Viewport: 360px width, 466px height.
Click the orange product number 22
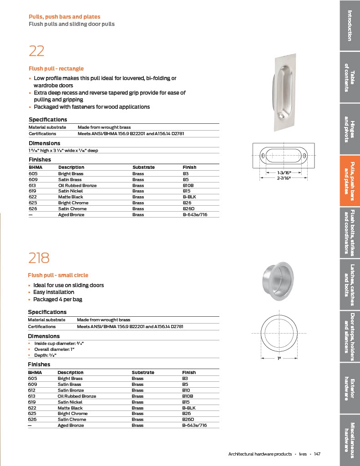click(x=36, y=51)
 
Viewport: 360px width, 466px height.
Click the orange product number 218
click(x=39, y=258)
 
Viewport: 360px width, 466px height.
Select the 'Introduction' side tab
click(x=350, y=25)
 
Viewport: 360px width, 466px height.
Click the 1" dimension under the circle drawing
click(x=279, y=358)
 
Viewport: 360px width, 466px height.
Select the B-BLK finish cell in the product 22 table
click(x=188, y=197)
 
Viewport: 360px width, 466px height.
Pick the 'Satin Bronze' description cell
click(x=71, y=390)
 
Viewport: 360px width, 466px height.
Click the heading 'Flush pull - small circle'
click(x=58, y=275)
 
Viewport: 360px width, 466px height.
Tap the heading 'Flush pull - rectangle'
click(x=56, y=69)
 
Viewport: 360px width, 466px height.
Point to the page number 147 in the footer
click(x=317, y=454)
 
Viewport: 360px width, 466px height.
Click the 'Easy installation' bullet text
click(x=53, y=292)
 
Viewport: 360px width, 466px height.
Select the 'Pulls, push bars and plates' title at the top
click(x=64, y=17)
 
